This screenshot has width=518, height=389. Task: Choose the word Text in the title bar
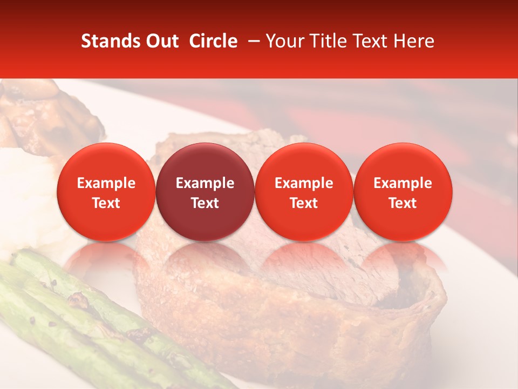pos(370,41)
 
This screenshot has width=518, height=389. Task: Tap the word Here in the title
pos(414,41)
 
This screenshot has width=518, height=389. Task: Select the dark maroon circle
pos(205,192)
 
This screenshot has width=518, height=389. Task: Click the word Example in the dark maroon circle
pos(205,183)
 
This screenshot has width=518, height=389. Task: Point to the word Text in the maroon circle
pos(205,203)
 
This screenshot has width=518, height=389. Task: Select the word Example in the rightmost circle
pos(403,183)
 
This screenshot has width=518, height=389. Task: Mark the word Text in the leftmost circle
pos(106,203)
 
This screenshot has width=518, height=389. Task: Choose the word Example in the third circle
pos(304,183)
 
